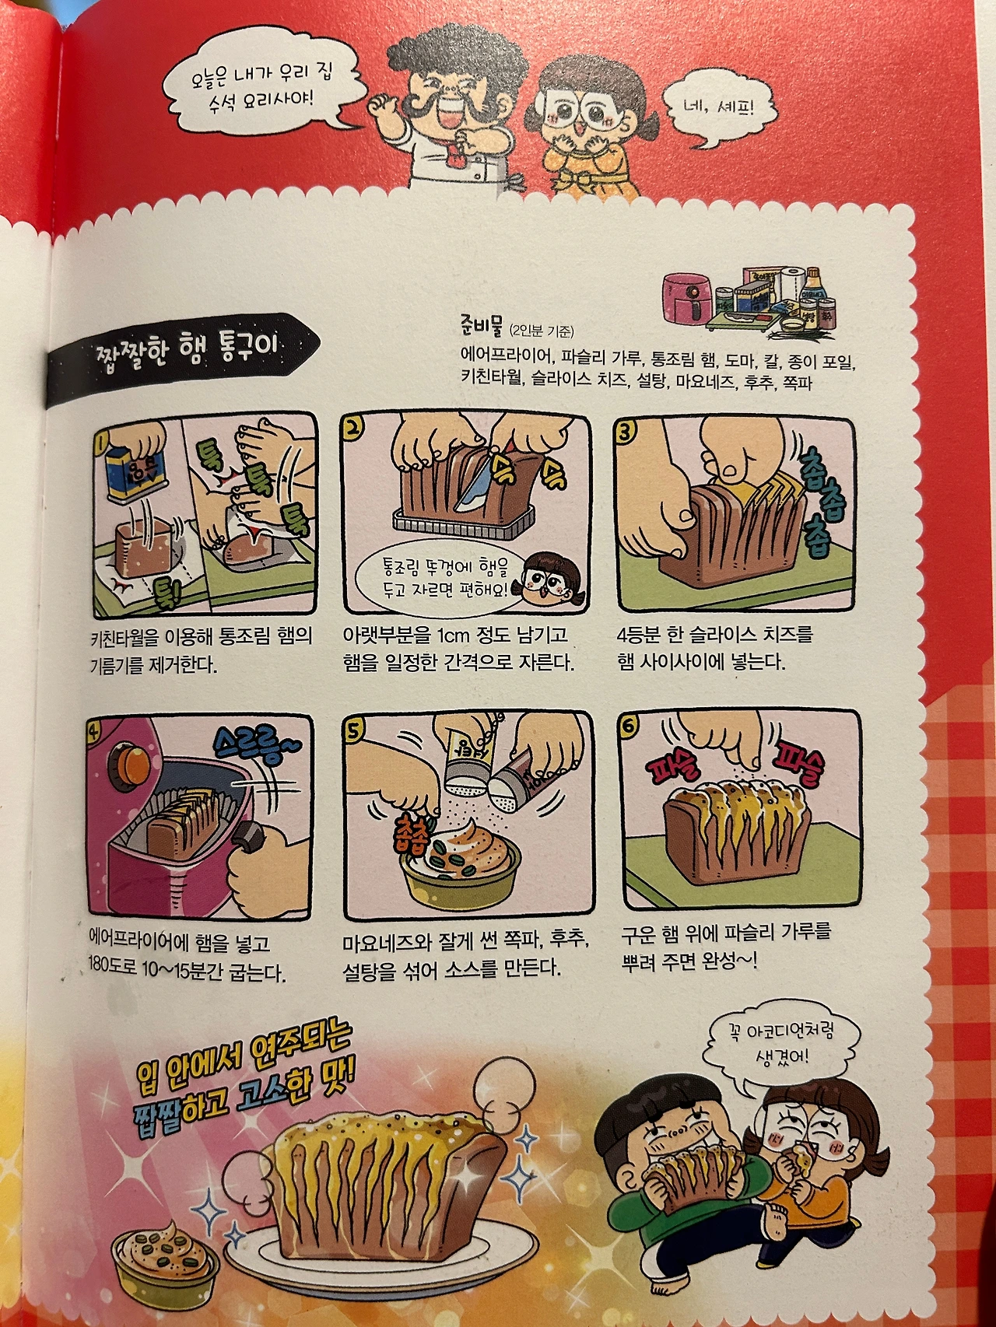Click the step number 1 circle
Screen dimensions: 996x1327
click(x=100, y=443)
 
